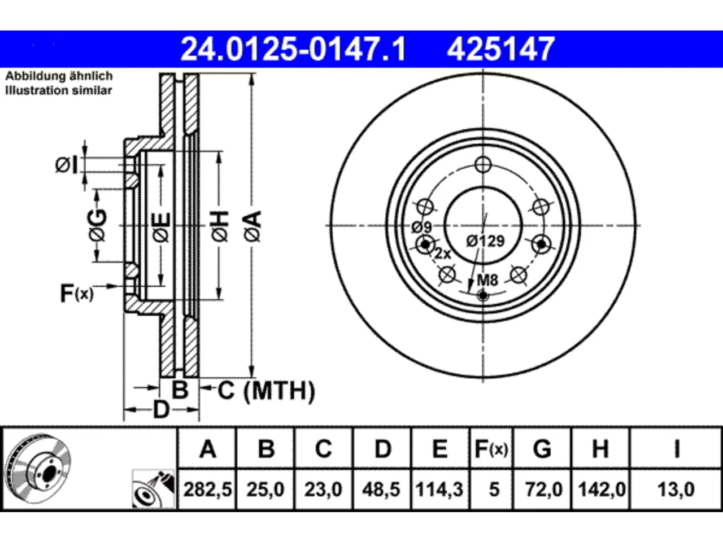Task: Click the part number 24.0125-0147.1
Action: [x=293, y=49]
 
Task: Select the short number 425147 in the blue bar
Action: [x=500, y=49]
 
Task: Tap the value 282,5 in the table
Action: [x=207, y=489]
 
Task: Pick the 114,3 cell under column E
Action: [x=439, y=489]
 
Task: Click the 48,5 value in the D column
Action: [x=381, y=489]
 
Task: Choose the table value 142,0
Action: [x=602, y=489]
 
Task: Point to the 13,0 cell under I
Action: [x=676, y=489]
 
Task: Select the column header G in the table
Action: [x=542, y=448]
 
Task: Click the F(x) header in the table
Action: [x=491, y=449]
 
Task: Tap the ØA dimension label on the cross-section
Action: [x=253, y=227]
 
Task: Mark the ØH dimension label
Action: [x=220, y=227]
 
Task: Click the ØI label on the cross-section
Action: [x=67, y=165]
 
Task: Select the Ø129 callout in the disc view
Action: [x=486, y=241]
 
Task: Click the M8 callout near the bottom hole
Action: [x=488, y=280]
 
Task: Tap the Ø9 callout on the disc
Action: [x=422, y=227]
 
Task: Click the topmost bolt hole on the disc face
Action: [x=483, y=164]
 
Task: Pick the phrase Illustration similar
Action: [x=59, y=90]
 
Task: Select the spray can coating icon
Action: [x=153, y=489]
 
